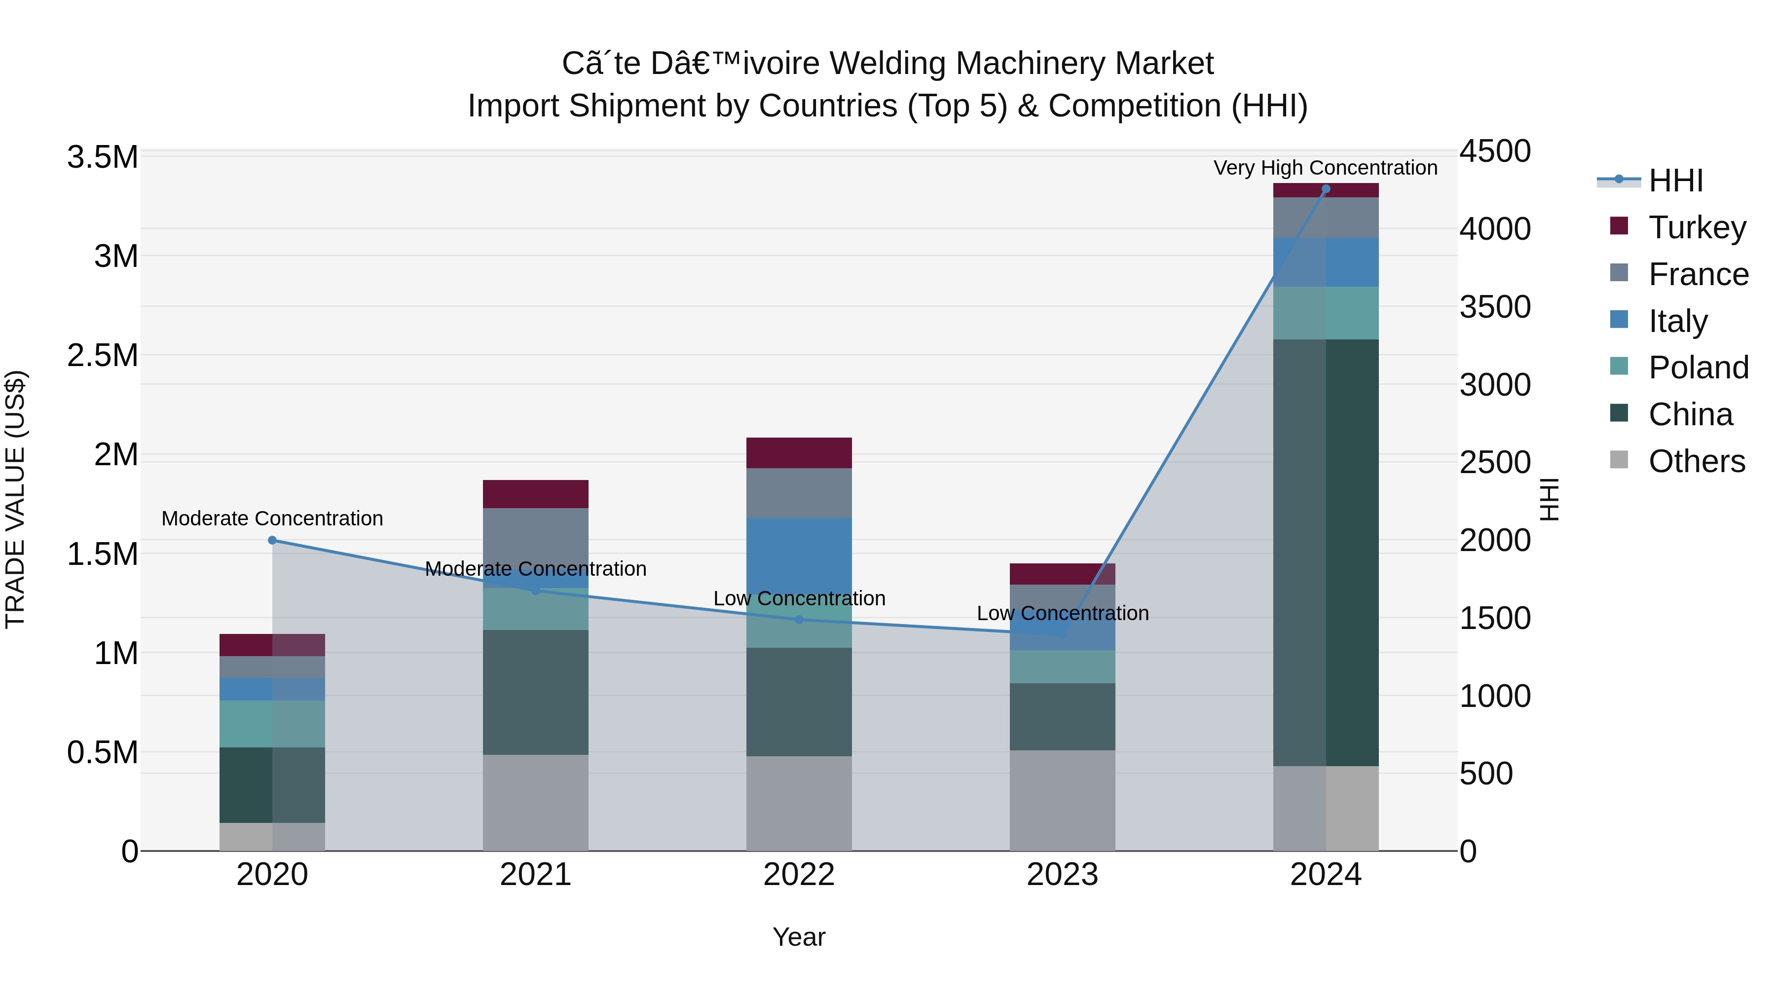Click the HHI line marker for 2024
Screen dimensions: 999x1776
(x=1325, y=189)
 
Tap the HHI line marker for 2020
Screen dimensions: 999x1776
(x=272, y=541)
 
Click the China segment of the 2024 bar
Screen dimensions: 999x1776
(x=1325, y=552)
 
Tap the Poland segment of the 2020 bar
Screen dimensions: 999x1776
(x=272, y=724)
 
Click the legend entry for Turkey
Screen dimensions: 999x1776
(x=1696, y=227)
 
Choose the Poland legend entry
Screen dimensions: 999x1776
(x=1698, y=368)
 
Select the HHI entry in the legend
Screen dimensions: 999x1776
(x=1675, y=181)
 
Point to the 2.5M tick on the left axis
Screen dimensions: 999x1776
(x=102, y=356)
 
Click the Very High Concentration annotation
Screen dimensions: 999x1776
(x=1325, y=168)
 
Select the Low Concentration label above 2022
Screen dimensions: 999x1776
(x=799, y=598)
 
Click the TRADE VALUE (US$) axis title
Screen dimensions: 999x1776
(x=15, y=499)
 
